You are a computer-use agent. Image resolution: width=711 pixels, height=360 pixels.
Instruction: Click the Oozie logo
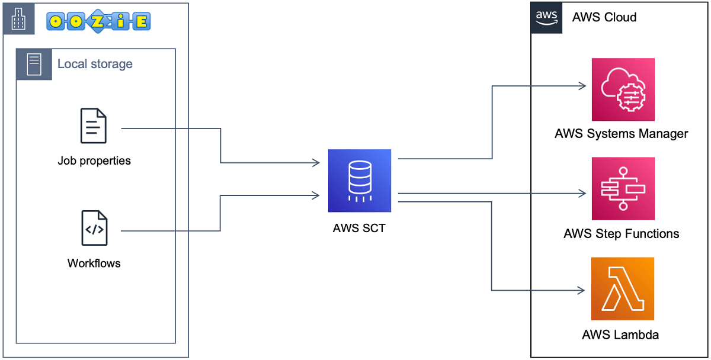click(98, 21)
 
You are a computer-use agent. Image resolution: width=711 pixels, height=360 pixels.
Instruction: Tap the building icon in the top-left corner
click(19, 19)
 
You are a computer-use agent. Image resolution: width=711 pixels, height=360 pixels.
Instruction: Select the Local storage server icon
click(34, 64)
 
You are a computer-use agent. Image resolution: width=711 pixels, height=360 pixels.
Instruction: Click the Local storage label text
click(95, 64)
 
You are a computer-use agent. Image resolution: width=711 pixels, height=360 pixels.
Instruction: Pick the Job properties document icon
click(94, 126)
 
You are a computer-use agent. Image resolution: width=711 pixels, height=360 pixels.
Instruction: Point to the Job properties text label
click(94, 160)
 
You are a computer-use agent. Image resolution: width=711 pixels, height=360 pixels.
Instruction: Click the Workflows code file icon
click(94, 228)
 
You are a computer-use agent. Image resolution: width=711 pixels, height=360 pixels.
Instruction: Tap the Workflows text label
click(94, 263)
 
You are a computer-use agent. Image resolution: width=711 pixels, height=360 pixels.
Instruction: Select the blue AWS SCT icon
click(360, 181)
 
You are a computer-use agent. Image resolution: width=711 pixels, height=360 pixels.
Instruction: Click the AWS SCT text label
click(359, 228)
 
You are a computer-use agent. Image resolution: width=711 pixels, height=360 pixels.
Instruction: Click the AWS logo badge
click(546, 18)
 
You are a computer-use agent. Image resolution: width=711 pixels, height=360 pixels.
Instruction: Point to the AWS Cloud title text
click(604, 17)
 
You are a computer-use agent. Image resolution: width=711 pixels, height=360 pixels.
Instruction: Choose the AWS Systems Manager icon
click(623, 89)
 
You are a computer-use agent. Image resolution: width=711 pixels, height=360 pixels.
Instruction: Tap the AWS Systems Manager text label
click(621, 133)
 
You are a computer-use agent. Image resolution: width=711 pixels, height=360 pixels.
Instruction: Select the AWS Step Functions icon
click(623, 189)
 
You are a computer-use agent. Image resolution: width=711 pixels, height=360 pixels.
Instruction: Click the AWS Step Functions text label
click(621, 233)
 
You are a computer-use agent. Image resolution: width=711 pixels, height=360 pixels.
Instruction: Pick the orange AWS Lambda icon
click(623, 289)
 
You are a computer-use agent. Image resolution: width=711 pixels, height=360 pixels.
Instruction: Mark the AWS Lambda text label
click(620, 335)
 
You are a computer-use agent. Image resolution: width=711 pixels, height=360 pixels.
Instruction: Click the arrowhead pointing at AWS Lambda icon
click(582, 290)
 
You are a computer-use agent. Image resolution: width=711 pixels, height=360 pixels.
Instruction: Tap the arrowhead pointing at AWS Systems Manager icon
click(582, 86)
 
